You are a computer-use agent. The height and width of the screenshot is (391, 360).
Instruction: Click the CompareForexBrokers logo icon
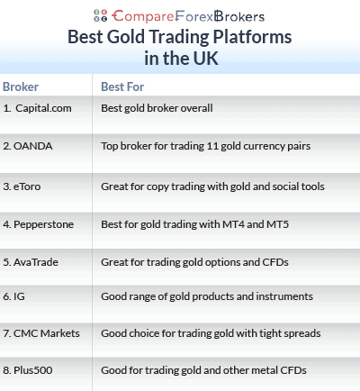(101, 15)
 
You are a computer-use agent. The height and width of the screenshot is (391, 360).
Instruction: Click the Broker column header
(21, 87)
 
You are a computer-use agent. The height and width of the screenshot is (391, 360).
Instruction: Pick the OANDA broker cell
(30, 145)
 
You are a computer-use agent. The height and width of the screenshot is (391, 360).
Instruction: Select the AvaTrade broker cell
(34, 262)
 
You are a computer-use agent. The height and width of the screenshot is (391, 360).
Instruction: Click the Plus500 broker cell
(32, 368)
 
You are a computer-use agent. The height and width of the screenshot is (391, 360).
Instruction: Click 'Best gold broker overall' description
(157, 108)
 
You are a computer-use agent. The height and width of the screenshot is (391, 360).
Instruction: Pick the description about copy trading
(212, 186)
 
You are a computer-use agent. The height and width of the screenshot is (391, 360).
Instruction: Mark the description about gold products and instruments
(207, 296)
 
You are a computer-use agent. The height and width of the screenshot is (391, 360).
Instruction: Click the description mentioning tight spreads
(210, 333)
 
